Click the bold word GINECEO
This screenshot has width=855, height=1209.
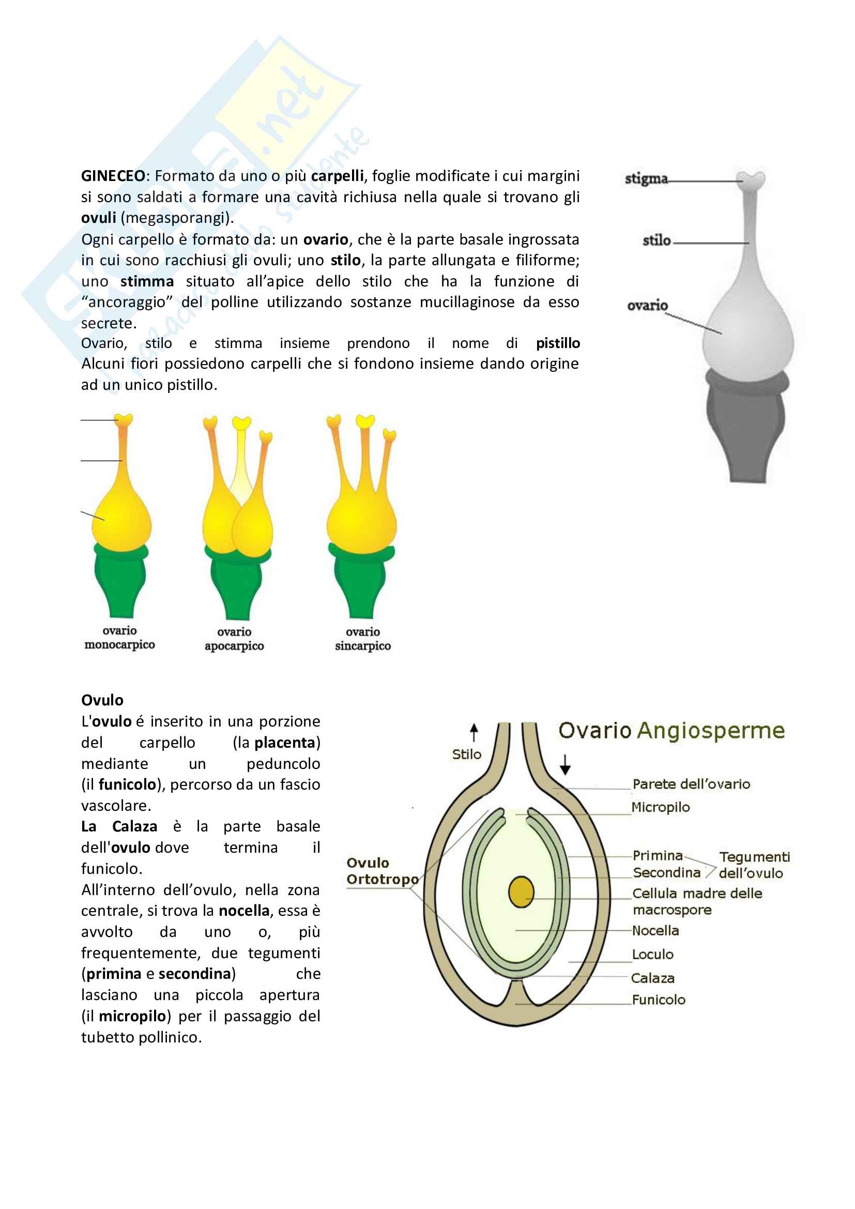tap(113, 176)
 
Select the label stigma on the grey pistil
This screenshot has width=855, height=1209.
tap(646, 179)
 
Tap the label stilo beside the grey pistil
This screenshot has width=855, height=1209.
tap(656, 240)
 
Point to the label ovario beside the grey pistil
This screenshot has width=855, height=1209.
tap(647, 306)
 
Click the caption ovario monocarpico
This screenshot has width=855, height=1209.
tap(119, 638)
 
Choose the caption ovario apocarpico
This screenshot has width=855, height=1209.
tap(234, 639)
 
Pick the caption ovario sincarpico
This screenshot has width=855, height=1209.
tap(363, 639)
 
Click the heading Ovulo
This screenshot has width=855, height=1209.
tap(102, 700)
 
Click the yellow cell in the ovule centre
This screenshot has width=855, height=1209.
tap(521, 892)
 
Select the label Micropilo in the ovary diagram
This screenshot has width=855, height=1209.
tap(660, 807)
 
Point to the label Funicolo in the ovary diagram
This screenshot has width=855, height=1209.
tap(659, 1000)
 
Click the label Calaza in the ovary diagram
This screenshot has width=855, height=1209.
tap(653, 978)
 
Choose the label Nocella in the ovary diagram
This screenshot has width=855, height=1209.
tap(655, 931)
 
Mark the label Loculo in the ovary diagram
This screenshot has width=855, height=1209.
tap(653, 955)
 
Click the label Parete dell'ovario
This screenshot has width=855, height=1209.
tap(691, 784)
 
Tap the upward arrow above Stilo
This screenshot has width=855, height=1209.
tap(474, 732)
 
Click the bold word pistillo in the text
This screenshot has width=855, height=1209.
tap(558, 343)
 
